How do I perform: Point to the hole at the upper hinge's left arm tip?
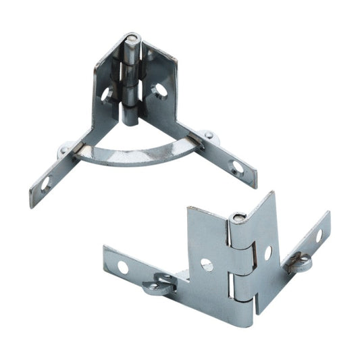tap(45, 182)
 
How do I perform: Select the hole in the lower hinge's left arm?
tap(122, 267)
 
